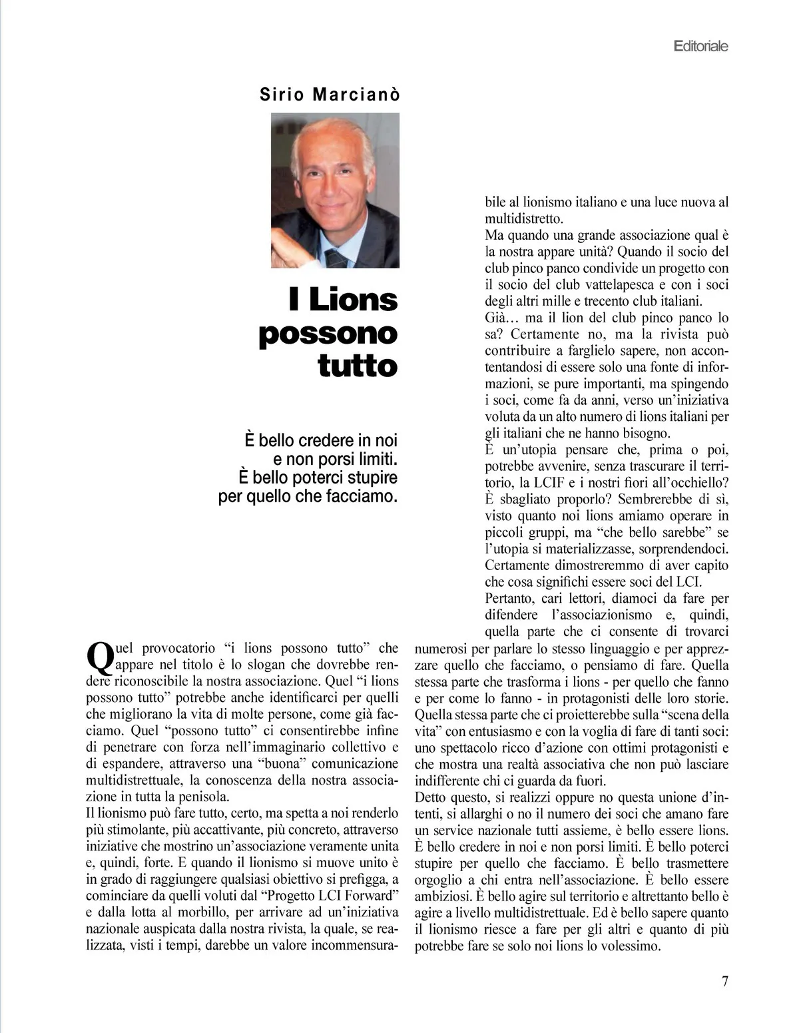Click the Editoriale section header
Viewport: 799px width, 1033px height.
tap(701, 46)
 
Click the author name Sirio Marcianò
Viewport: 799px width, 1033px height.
tap(330, 95)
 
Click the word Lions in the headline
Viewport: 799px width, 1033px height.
tap(353, 300)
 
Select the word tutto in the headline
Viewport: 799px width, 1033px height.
tap(358, 366)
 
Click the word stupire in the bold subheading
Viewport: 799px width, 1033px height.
tap(371, 478)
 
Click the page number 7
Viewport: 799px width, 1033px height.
tap(725, 981)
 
